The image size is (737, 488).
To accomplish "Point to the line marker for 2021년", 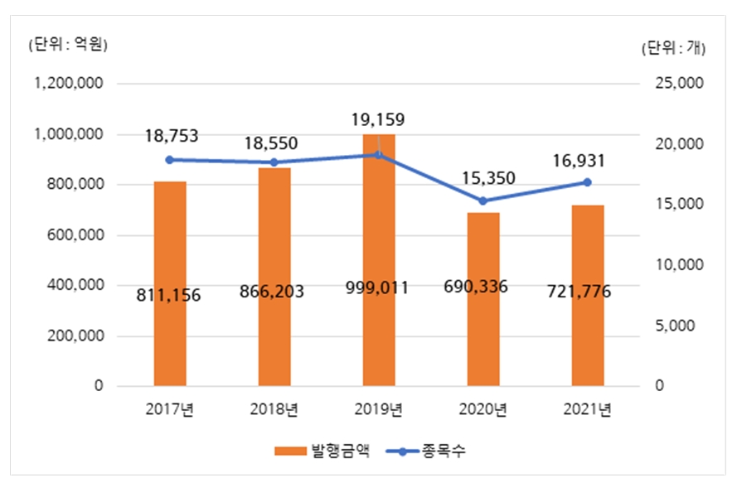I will click(x=587, y=182).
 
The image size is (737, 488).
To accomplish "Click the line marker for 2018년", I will click(x=274, y=162).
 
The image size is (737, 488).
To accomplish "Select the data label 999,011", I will click(x=379, y=289).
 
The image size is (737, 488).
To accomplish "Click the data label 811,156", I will click(x=169, y=295).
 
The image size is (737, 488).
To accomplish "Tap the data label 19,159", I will click(x=379, y=121).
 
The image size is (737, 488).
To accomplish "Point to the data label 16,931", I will click(x=587, y=159).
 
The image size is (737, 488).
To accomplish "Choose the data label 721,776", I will click(x=587, y=292).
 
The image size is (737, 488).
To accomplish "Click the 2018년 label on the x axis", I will click(x=274, y=408).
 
